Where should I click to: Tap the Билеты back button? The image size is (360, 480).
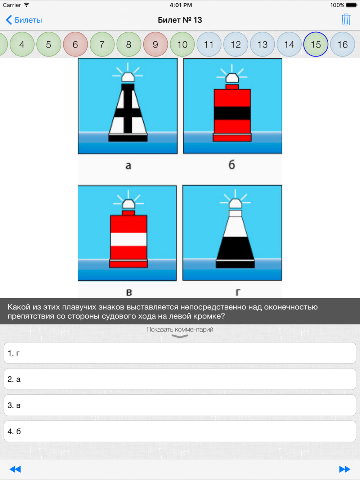[x=24, y=20]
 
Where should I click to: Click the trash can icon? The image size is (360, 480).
[x=346, y=20]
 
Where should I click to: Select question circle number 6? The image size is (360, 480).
[x=75, y=44]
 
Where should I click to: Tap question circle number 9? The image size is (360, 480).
[x=155, y=44]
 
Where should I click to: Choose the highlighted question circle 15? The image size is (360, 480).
[x=316, y=44]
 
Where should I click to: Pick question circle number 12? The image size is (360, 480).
[x=235, y=44]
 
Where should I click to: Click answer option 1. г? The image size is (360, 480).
[x=180, y=353]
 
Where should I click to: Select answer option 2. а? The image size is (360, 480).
[x=180, y=379]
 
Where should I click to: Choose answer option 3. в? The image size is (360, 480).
[x=180, y=405]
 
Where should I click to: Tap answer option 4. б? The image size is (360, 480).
[x=180, y=431]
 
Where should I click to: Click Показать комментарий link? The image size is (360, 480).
[x=180, y=329]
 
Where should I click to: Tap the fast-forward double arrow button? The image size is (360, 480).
[x=345, y=469]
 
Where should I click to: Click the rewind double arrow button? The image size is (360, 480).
[x=15, y=469]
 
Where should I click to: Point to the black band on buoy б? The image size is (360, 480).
[x=232, y=113]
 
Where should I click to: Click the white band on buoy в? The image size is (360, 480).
[x=129, y=239]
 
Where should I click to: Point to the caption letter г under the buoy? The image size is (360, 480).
[x=238, y=293]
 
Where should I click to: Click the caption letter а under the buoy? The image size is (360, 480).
[x=129, y=166]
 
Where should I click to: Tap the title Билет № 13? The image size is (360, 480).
[x=180, y=20]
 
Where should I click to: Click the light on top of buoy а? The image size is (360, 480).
[x=128, y=77]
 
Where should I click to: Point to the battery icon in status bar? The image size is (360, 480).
[x=352, y=5]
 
